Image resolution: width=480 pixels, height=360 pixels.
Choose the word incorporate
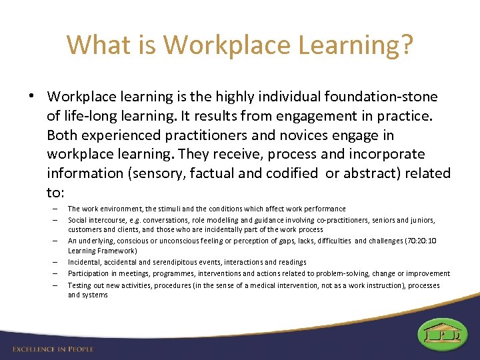(x=385, y=154)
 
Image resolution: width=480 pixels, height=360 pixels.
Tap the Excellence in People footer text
(x=53, y=349)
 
